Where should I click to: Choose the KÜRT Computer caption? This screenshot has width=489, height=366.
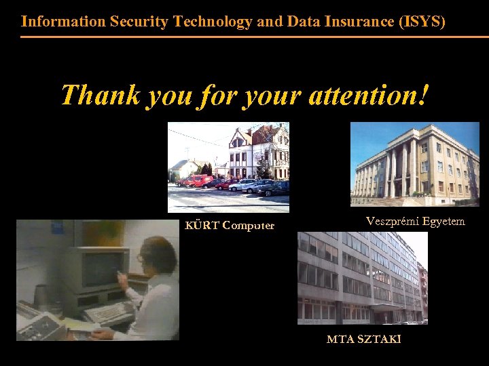230,226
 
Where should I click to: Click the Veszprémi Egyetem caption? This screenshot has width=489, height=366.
415,221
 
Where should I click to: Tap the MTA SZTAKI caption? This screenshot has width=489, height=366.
363,339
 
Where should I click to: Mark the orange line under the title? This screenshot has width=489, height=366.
244,37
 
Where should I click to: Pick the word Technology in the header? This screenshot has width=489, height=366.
213,21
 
